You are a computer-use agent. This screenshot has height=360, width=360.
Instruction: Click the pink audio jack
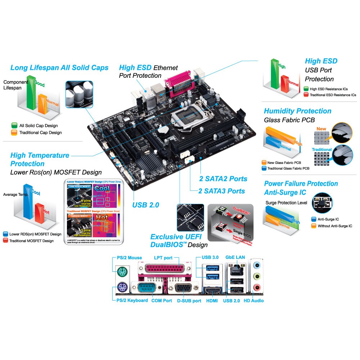click(x=256, y=287)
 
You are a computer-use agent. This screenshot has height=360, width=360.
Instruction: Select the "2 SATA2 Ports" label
click(x=223, y=179)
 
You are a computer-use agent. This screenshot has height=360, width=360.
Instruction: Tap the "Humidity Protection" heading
click(x=297, y=111)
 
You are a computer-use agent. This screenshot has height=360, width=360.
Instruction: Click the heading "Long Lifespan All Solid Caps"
click(x=59, y=68)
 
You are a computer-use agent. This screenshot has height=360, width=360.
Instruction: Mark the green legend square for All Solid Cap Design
click(x=14, y=126)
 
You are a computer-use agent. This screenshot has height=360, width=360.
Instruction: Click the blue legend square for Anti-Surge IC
click(x=313, y=219)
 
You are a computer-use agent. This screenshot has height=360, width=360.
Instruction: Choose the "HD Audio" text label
click(x=253, y=301)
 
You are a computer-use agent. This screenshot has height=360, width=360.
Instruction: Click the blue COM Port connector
click(x=145, y=288)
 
